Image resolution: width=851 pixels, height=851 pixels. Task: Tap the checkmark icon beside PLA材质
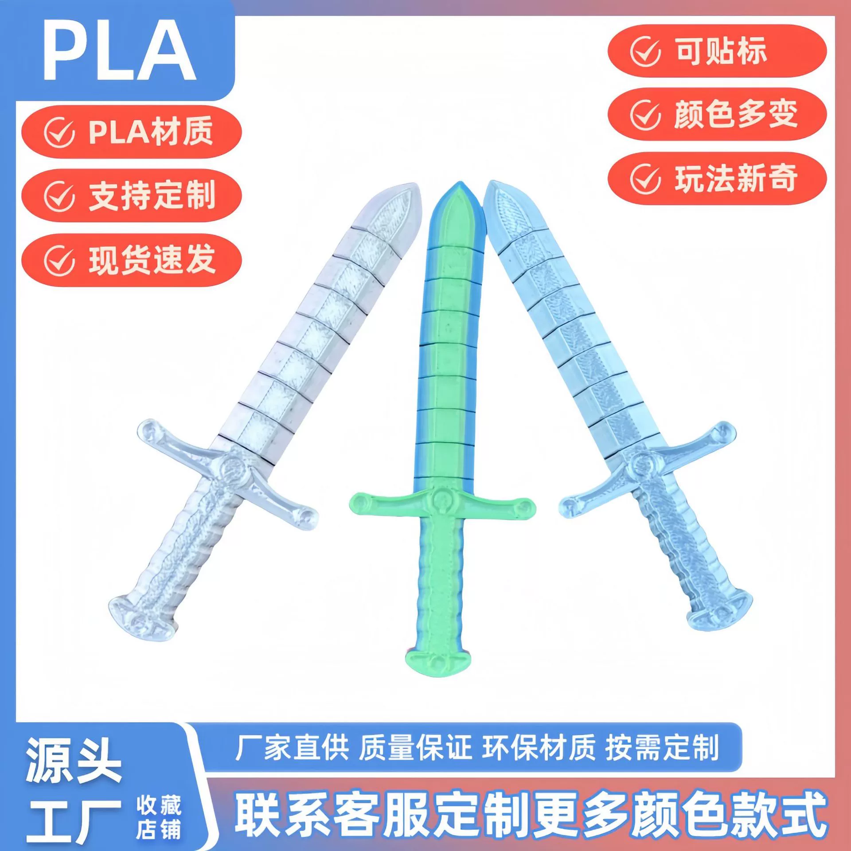59,132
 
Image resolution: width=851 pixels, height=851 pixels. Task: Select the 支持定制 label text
152,195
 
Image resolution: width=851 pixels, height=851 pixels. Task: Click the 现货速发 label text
152,260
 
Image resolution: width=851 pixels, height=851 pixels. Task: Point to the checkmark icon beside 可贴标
645,51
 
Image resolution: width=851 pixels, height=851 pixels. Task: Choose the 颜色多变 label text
736,114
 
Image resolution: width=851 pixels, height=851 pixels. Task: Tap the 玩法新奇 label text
736,178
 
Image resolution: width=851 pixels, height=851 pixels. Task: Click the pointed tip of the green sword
456,183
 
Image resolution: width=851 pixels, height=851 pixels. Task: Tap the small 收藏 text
159,805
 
